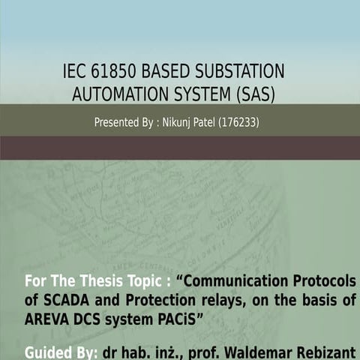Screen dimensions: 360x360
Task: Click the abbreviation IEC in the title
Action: coord(76,73)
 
